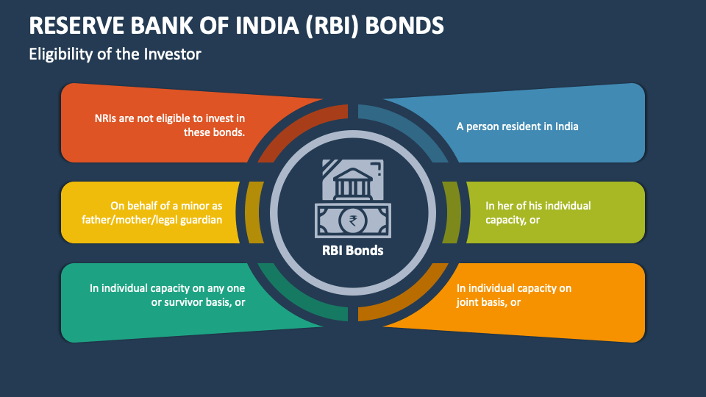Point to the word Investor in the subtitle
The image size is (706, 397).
tap(175, 54)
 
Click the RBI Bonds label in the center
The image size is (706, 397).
tap(352, 250)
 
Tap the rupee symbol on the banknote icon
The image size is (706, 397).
tap(354, 219)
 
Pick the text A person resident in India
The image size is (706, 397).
tap(517, 126)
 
